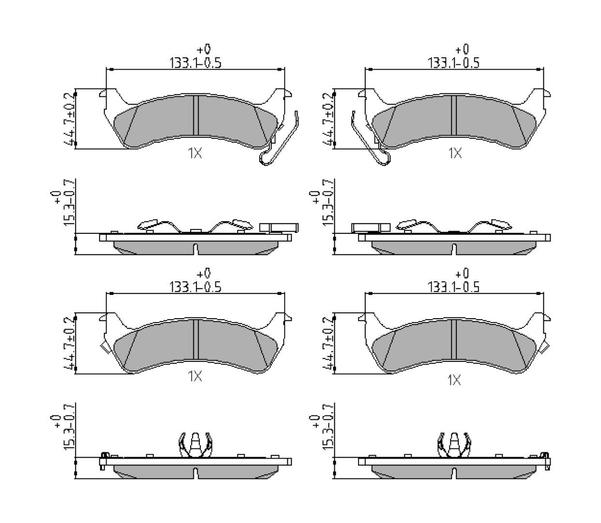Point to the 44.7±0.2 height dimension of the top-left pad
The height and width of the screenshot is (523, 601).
[69, 119]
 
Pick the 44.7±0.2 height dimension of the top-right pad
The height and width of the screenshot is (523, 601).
[328, 119]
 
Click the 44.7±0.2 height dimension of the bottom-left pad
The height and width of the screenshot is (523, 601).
[69, 343]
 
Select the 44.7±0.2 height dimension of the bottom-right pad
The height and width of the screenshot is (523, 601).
[328, 343]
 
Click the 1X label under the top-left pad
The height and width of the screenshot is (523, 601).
[195, 153]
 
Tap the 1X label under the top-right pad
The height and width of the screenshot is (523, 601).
[455, 153]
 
